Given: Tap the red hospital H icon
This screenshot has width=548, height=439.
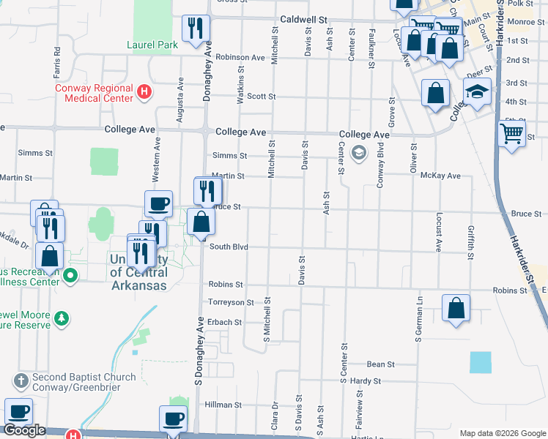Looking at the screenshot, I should click(145, 92).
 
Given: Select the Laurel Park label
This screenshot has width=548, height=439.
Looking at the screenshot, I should click(152, 45).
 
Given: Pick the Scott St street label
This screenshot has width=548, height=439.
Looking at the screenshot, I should click(261, 97).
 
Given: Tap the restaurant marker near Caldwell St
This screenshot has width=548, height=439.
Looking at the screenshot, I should click(196, 28).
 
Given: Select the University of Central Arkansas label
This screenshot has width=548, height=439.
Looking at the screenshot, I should click(138, 272).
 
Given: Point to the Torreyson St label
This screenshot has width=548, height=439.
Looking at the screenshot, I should click(232, 302).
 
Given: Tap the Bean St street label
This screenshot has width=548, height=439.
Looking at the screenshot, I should click(381, 364).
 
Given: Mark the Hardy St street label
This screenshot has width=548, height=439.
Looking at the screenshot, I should click(366, 381).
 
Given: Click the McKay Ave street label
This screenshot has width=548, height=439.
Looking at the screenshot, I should click(445, 176).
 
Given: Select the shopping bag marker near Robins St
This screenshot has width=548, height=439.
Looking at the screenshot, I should click(456, 307).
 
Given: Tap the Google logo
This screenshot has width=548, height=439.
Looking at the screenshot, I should click(24, 431).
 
